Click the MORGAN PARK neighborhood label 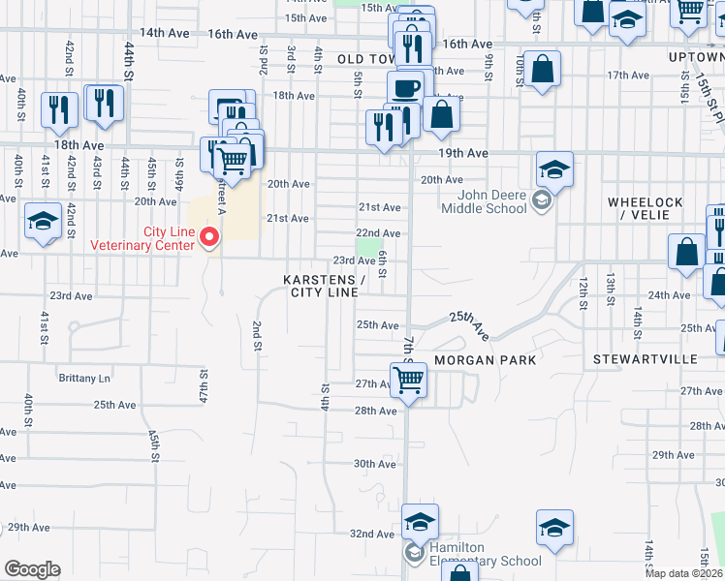pyautogui.click(x=485, y=359)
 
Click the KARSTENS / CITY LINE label pyautogui.click(x=324, y=286)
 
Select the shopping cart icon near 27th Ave pyautogui.click(x=408, y=381)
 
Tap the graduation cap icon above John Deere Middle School pyautogui.click(x=554, y=169)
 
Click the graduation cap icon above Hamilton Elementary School pyautogui.click(x=420, y=522)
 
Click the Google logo pyautogui.click(x=32, y=569)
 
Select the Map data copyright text pyautogui.click(x=684, y=573)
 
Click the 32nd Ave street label pyautogui.click(x=372, y=534)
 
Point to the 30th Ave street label pyautogui.click(x=374, y=464)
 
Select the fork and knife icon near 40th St pyautogui.click(x=59, y=110)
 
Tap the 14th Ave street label pyautogui.click(x=164, y=33)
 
